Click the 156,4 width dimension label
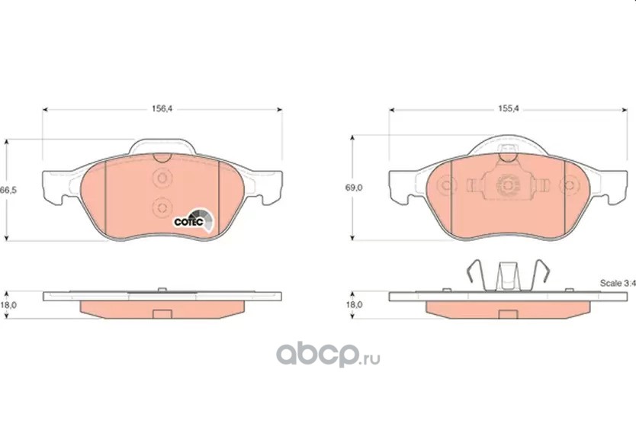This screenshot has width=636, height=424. pyautogui.click(x=162, y=109)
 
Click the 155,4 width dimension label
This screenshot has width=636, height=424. pyautogui.click(x=508, y=109)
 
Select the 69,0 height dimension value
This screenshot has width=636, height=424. pyautogui.click(x=354, y=188)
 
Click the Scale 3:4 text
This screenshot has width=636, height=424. pyautogui.click(x=618, y=283)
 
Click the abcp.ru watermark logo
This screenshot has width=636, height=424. pyautogui.click(x=328, y=355)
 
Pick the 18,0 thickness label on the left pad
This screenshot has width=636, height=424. pyautogui.click(x=8, y=305)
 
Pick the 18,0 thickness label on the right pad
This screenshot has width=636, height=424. pyautogui.click(x=354, y=304)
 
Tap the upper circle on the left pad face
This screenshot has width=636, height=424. pyautogui.click(x=162, y=178)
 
